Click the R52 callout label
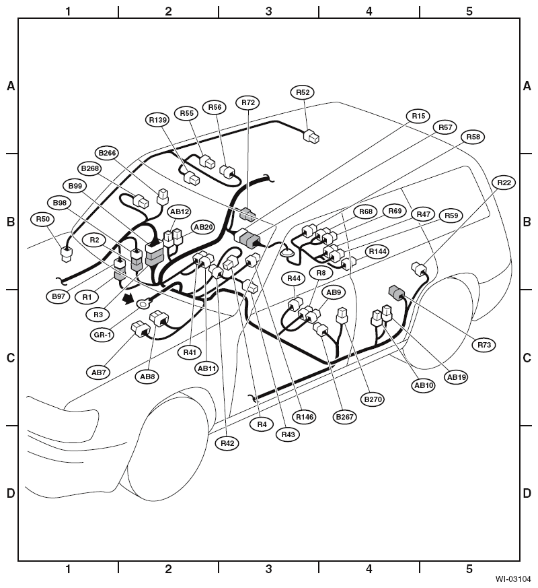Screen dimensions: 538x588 pos(303,92)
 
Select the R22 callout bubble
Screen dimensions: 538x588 pos(504,183)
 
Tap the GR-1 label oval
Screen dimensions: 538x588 pos(102,335)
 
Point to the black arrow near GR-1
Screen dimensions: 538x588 pos(128,299)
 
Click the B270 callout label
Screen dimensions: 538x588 pos(373,399)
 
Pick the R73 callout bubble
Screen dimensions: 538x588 pos(484,345)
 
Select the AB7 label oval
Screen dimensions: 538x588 pos(99,372)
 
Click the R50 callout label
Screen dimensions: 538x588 pos(42,219)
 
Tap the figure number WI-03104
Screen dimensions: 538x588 pos(512,579)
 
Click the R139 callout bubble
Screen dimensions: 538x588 pos(157,120)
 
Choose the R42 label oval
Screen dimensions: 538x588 pos(227,443)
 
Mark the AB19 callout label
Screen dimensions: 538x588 pos(457,377)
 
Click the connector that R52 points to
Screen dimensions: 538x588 pos(311,137)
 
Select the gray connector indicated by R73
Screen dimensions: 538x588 pos(397,293)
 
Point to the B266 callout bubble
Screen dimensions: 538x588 pos(107,153)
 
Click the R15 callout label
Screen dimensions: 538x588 pos(418,117)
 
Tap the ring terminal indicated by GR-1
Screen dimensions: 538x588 pos(143,303)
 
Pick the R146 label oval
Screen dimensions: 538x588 pos(305,417)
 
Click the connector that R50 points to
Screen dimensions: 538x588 pos(67,254)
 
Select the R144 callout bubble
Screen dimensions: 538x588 pos(377,251)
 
